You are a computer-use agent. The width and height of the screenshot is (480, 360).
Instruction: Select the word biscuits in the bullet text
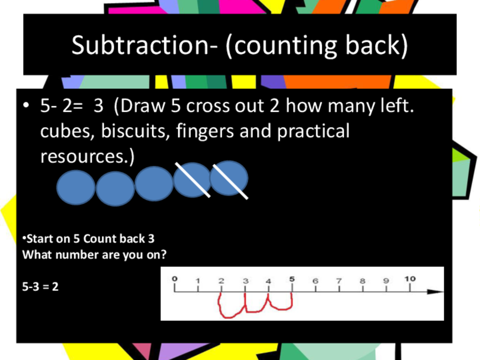click(x=135, y=131)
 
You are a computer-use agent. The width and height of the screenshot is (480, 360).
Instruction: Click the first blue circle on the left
click(x=76, y=187)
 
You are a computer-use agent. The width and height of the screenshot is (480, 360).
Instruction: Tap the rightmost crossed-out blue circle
click(x=229, y=178)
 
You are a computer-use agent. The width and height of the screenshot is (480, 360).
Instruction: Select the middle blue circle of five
click(x=154, y=184)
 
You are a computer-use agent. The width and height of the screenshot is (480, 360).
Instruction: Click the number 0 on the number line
click(x=175, y=279)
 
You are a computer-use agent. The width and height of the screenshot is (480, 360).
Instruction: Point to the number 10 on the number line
click(x=410, y=279)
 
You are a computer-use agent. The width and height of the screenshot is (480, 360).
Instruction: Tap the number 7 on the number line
click(x=339, y=281)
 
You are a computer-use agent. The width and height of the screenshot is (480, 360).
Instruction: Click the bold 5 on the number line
click(x=292, y=279)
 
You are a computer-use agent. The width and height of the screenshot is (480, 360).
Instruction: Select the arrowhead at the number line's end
click(x=436, y=292)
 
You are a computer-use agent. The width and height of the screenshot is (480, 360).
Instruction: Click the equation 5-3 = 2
click(x=40, y=287)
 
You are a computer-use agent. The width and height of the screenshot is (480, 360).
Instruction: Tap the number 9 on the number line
click(x=386, y=281)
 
